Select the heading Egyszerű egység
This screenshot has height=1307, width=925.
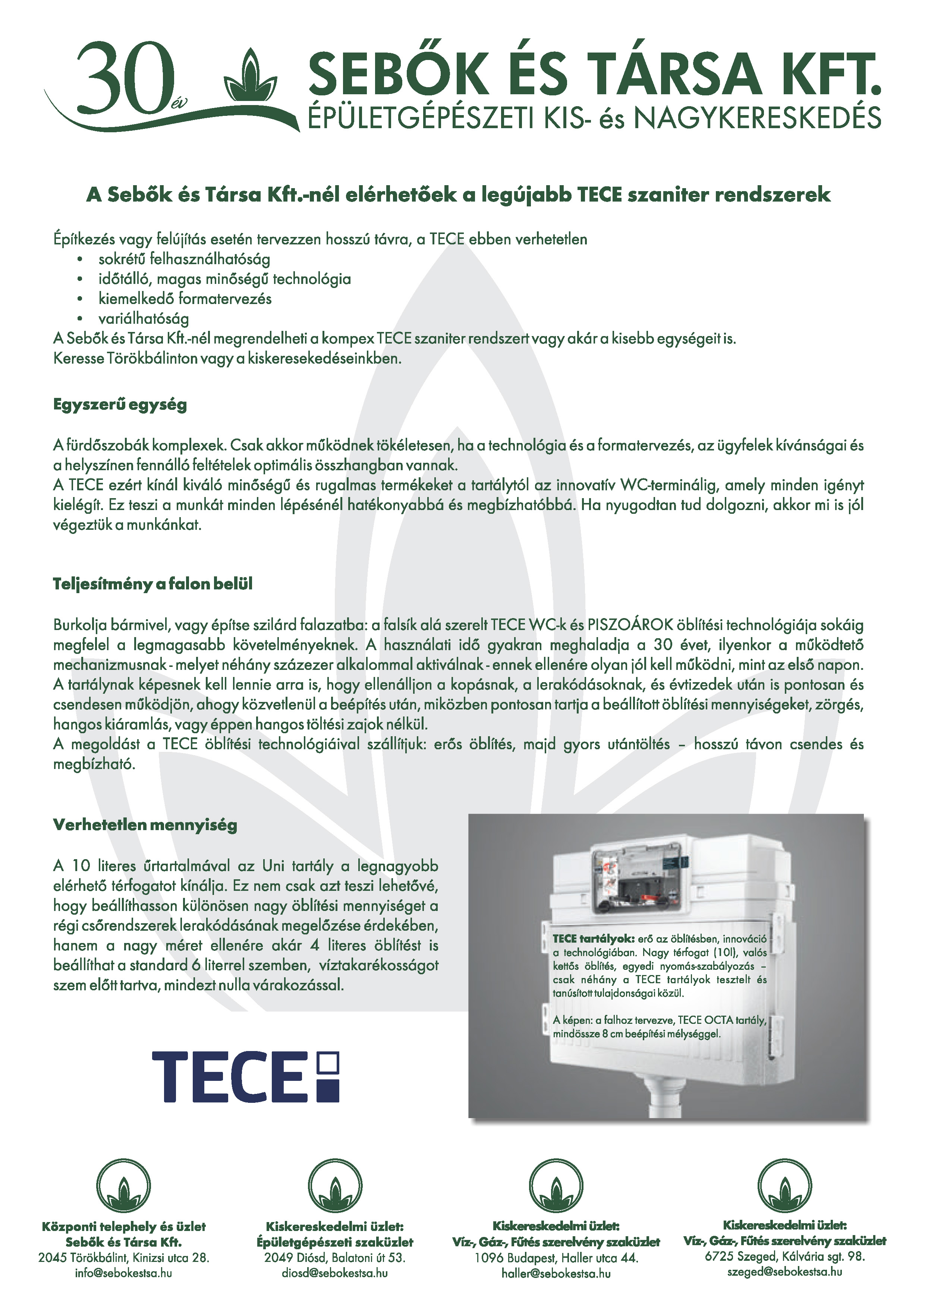[120, 405]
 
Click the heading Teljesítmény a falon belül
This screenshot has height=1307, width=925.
[152, 584]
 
